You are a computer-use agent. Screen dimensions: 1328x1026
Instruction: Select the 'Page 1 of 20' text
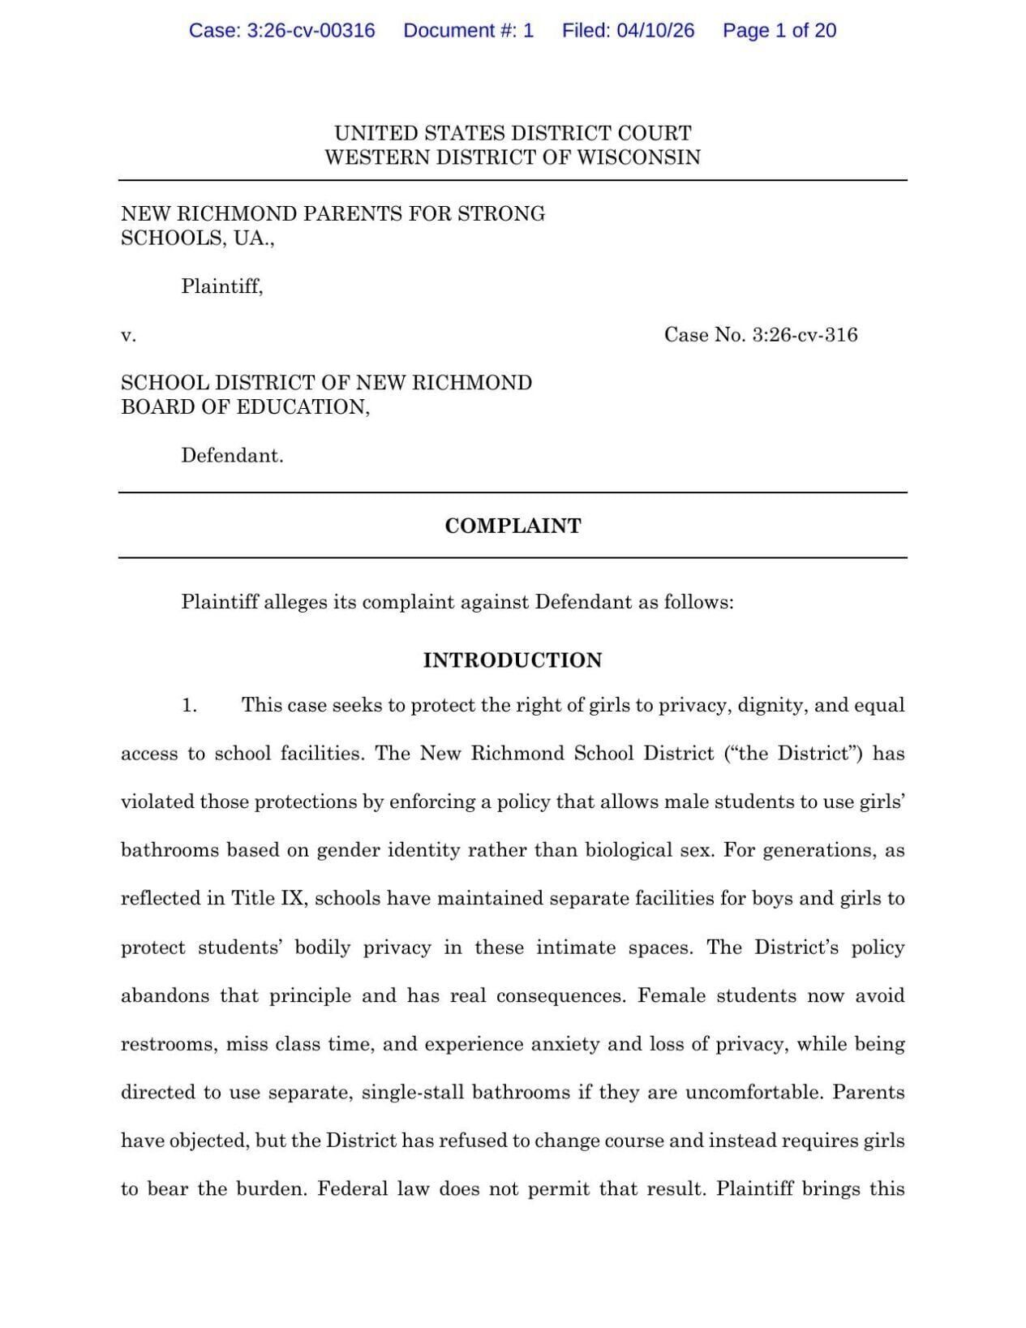[x=779, y=31]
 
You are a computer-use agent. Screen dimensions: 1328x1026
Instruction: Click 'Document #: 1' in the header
[x=468, y=31]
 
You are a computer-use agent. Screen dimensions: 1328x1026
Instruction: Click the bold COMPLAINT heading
[x=513, y=526]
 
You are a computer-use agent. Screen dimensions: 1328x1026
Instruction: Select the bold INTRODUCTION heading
[x=513, y=660]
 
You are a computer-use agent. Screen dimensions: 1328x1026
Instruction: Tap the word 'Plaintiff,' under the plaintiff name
[x=221, y=286]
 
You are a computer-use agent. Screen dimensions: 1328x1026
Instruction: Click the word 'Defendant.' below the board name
[x=232, y=456]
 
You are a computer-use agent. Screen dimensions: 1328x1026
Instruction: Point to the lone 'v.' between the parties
[x=128, y=335]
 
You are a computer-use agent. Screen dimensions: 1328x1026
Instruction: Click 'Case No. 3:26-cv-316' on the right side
[x=760, y=335]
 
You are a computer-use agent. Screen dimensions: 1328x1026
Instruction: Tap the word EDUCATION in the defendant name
[x=303, y=407]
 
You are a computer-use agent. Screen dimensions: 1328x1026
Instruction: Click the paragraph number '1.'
[x=189, y=706]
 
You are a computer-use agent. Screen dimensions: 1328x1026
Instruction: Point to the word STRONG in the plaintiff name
[x=501, y=214]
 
